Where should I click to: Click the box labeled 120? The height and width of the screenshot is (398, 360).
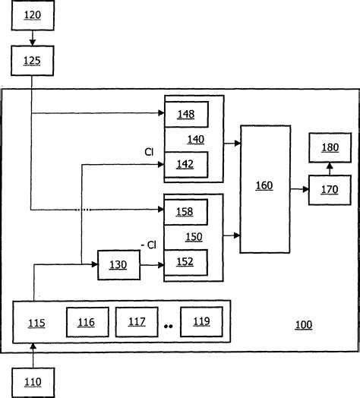(31, 17)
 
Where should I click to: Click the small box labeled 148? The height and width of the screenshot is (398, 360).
(187, 114)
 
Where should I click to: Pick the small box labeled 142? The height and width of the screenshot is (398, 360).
(187, 164)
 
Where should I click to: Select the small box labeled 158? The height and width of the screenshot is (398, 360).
(187, 211)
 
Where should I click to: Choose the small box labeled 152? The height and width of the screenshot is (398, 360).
(187, 262)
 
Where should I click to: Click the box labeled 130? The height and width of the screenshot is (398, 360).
(118, 264)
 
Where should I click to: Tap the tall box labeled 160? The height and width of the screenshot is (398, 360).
(264, 188)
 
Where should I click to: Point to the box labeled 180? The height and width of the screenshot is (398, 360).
(329, 147)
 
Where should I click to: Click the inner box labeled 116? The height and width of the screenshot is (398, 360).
(86, 322)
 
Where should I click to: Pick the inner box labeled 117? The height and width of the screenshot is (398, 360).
(136, 322)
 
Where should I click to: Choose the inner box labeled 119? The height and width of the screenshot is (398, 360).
(201, 322)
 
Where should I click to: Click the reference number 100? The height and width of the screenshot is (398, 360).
(303, 324)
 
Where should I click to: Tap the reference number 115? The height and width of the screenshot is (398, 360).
(36, 323)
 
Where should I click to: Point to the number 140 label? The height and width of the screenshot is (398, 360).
(195, 139)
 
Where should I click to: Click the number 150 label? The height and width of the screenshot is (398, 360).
(194, 237)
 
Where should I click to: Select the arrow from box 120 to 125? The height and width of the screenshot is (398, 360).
(31, 37)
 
